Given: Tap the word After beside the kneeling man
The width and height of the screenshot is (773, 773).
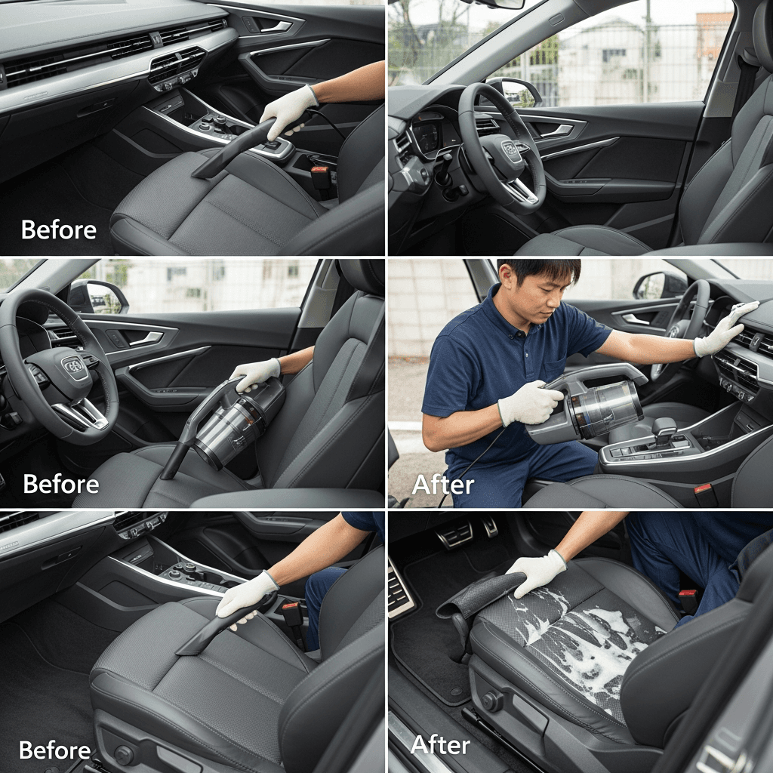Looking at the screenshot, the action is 442,485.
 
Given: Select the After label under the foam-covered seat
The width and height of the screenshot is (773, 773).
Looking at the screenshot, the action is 440,745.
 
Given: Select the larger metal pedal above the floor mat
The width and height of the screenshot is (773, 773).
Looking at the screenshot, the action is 454,535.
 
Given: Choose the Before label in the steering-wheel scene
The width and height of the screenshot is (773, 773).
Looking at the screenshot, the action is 61,484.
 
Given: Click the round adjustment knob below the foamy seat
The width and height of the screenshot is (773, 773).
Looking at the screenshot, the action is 492,701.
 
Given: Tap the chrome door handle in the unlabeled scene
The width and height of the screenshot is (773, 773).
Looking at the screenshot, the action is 557,131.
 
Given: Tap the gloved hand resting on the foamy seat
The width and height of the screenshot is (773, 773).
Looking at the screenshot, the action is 537,572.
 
